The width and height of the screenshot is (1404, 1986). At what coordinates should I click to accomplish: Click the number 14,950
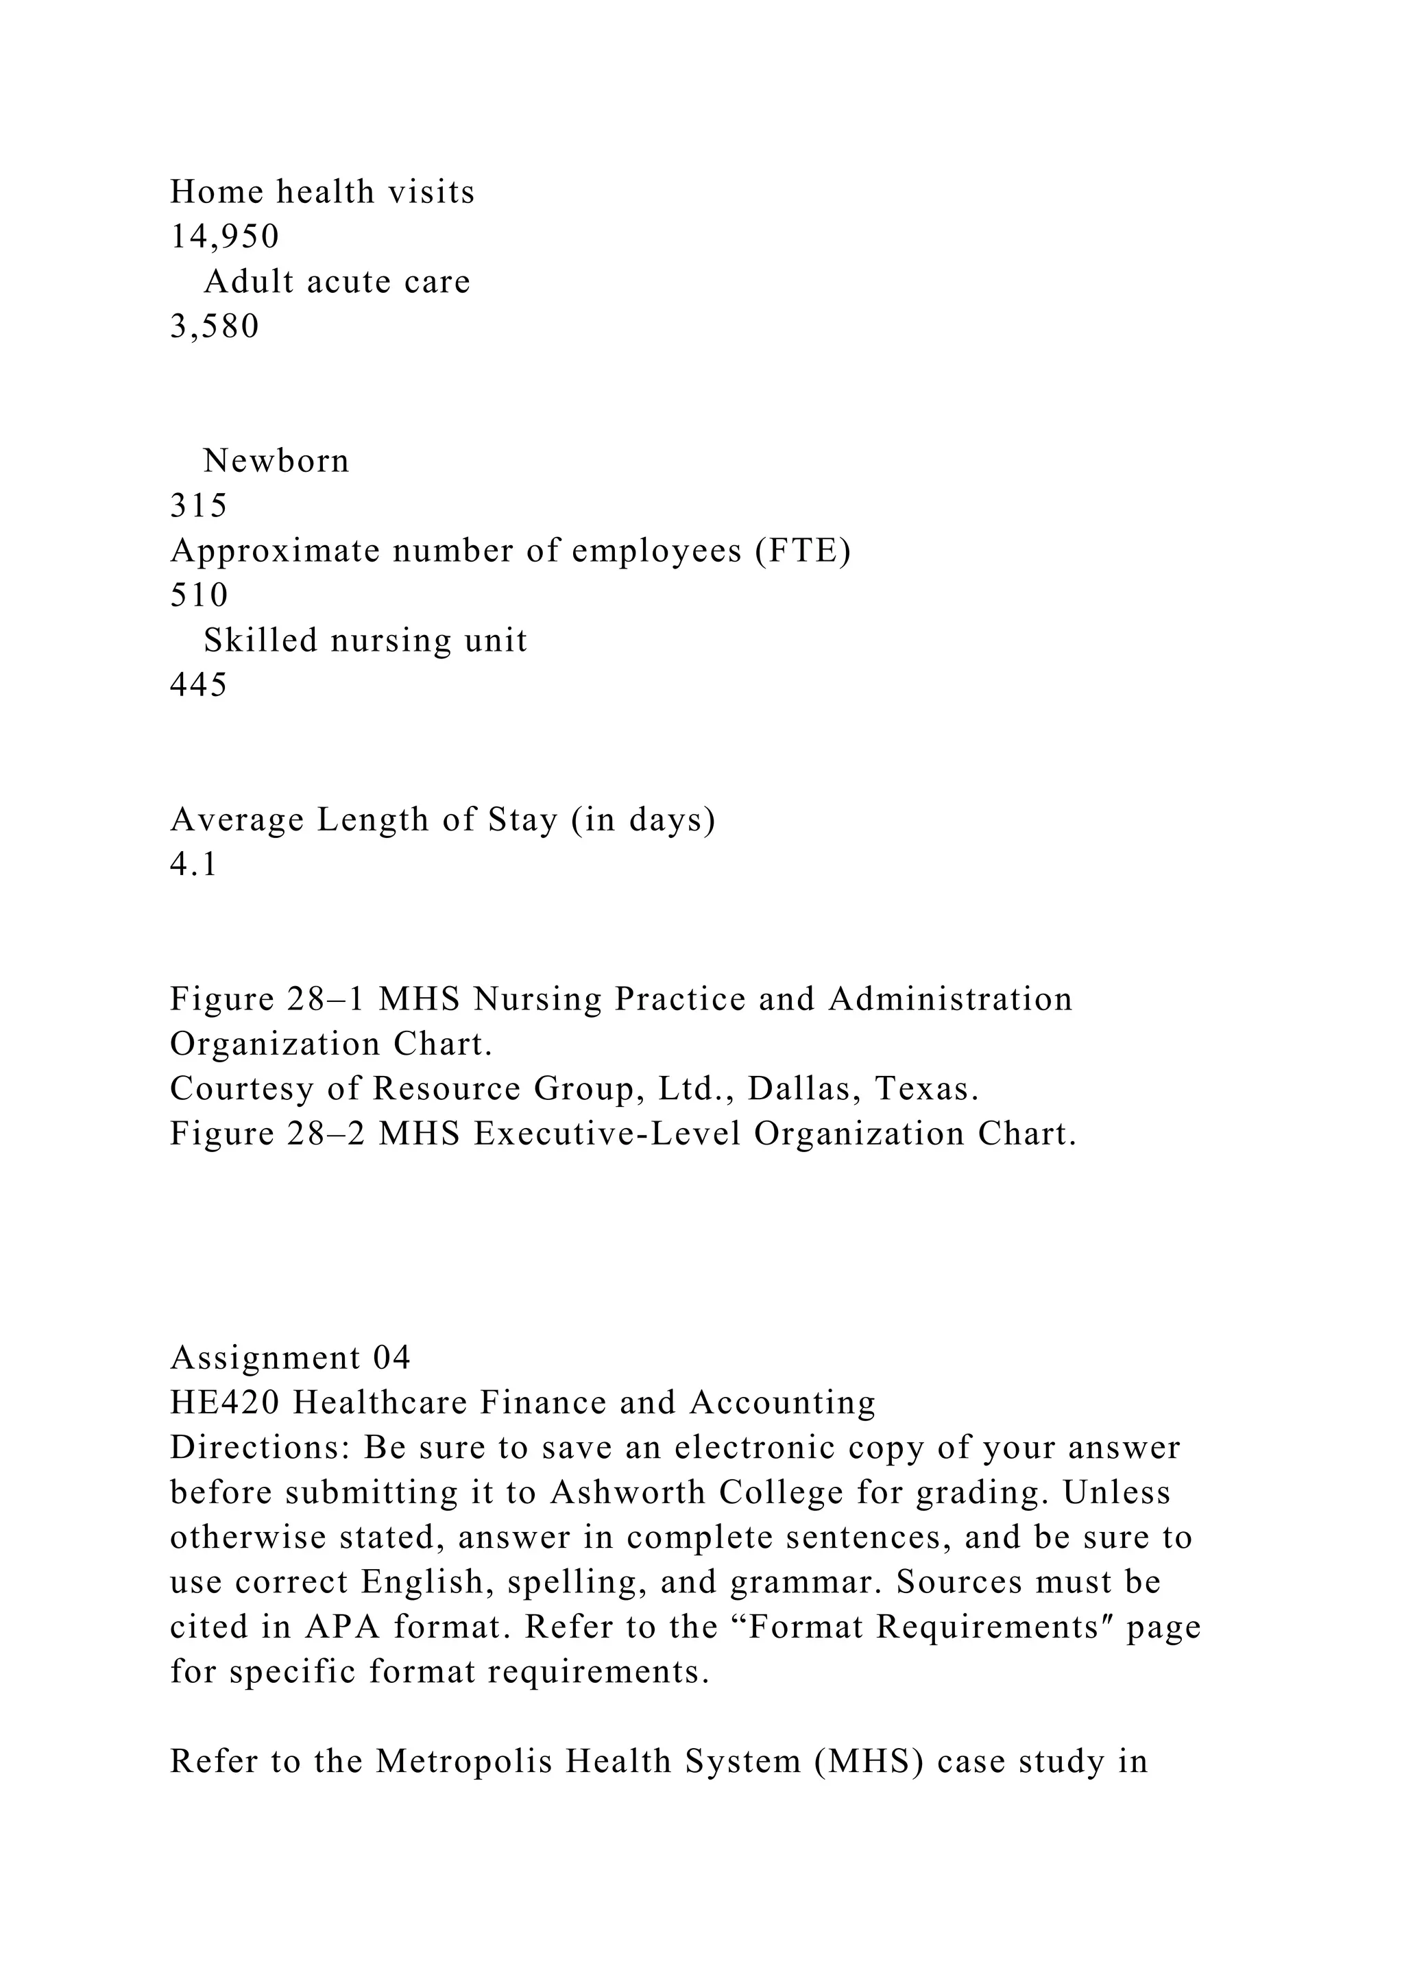(x=224, y=236)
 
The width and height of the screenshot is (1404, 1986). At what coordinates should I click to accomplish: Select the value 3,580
(x=215, y=326)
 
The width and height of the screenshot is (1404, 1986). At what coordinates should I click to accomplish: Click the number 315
(x=199, y=506)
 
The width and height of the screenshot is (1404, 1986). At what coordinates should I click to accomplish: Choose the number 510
(x=199, y=596)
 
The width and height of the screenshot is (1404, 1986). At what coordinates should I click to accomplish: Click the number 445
(x=199, y=685)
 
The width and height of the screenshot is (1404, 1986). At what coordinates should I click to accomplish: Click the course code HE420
(x=225, y=1402)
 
